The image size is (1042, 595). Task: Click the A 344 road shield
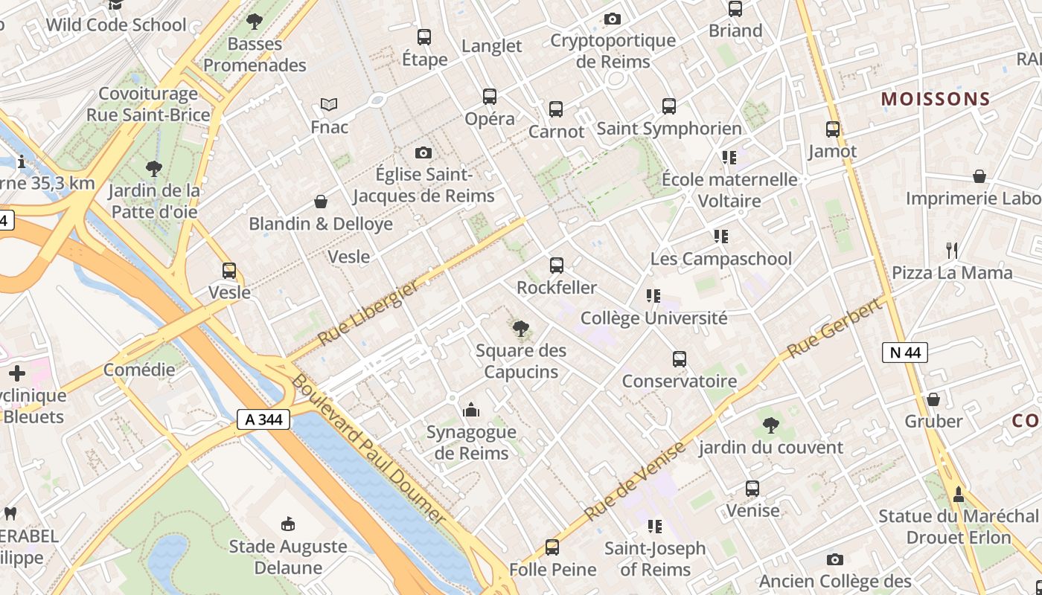[263, 419]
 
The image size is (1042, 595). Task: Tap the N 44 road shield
[905, 352]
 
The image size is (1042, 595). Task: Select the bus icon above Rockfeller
[556, 266]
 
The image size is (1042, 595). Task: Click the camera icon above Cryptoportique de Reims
[613, 19]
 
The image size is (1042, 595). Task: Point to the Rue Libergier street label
[368, 315]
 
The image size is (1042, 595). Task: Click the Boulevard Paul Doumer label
[368, 449]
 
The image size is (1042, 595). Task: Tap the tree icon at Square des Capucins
[521, 328]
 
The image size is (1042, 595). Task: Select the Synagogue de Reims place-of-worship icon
[470, 410]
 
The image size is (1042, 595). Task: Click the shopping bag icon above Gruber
[933, 399]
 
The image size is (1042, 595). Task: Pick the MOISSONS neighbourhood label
[936, 99]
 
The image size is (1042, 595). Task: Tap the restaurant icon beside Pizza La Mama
[951, 250]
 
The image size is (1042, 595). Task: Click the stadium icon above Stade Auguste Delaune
[288, 524]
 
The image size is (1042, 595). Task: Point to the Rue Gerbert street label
[838, 329]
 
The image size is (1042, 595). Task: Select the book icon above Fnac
[329, 105]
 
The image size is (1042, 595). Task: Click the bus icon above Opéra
[489, 97]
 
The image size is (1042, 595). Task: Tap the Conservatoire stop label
[679, 382]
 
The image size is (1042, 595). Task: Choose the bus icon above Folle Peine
[552, 547]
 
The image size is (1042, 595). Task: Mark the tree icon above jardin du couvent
[771, 425]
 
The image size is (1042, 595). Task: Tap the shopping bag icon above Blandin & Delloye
[321, 202]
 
